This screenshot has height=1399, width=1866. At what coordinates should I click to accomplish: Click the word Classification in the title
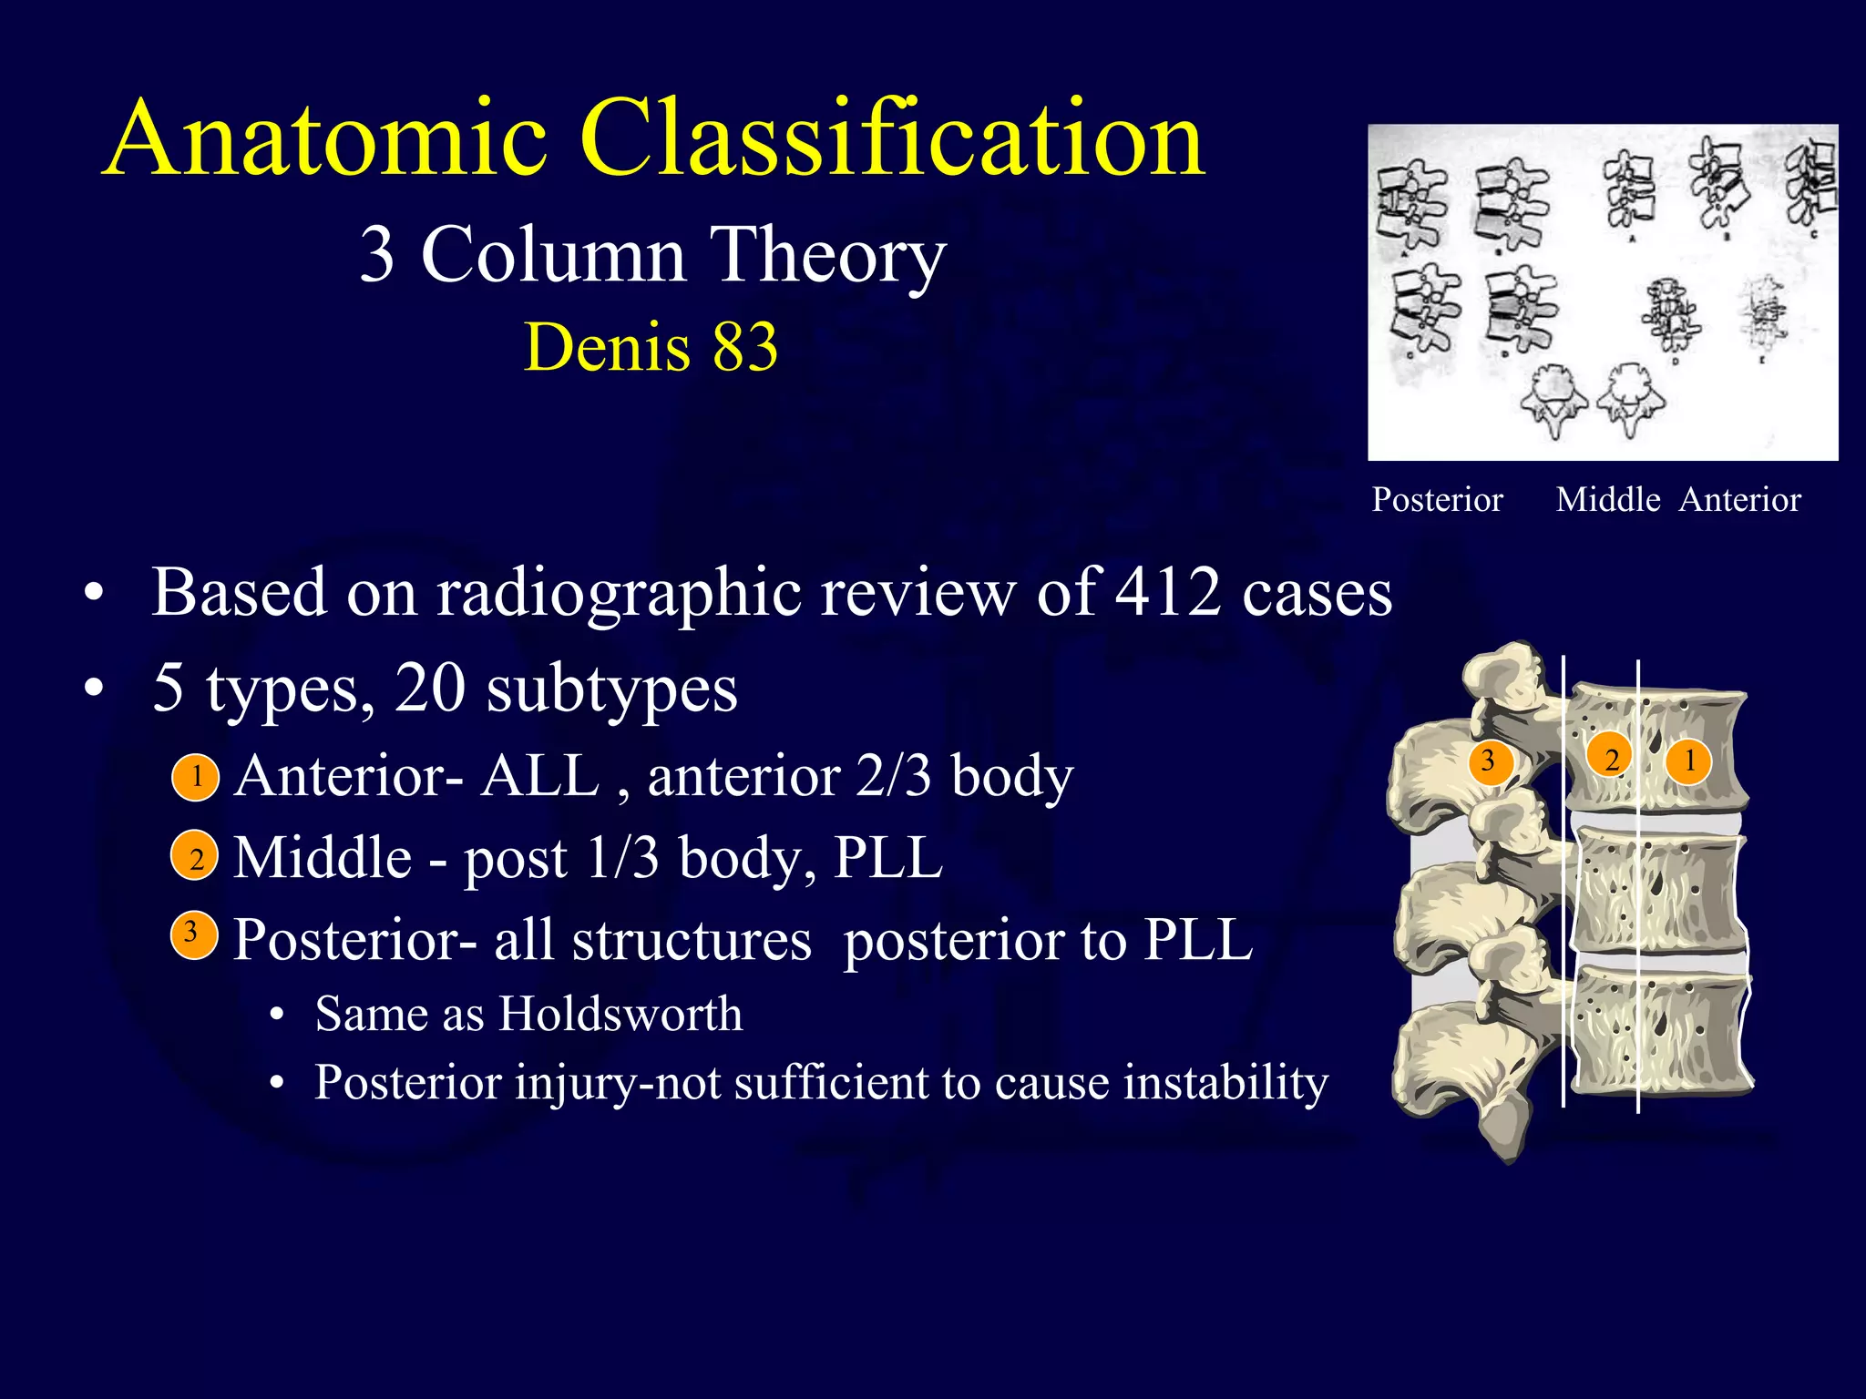pyautogui.click(x=893, y=140)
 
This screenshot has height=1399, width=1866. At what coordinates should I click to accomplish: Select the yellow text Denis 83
pyautogui.click(x=651, y=347)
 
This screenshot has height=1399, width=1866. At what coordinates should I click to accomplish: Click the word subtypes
pyautogui.click(x=611, y=689)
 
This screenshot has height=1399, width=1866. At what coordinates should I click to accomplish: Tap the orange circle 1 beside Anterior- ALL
pyautogui.click(x=196, y=777)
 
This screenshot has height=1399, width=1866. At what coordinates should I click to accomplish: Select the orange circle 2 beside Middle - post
pyautogui.click(x=195, y=857)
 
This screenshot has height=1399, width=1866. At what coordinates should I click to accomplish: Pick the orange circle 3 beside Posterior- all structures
pyautogui.click(x=193, y=934)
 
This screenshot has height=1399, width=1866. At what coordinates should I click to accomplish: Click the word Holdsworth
pyautogui.click(x=620, y=1014)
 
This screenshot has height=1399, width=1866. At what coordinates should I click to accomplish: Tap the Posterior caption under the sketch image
pyautogui.click(x=1437, y=500)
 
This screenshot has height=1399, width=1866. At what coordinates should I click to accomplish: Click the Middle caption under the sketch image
pyautogui.click(x=1608, y=500)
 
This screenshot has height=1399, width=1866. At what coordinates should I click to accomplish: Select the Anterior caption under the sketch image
pyautogui.click(x=1740, y=500)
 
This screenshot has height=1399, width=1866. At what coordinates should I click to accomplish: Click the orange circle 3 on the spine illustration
pyautogui.click(x=1488, y=760)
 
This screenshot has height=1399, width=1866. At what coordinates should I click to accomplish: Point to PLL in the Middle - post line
pyautogui.click(x=888, y=858)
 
